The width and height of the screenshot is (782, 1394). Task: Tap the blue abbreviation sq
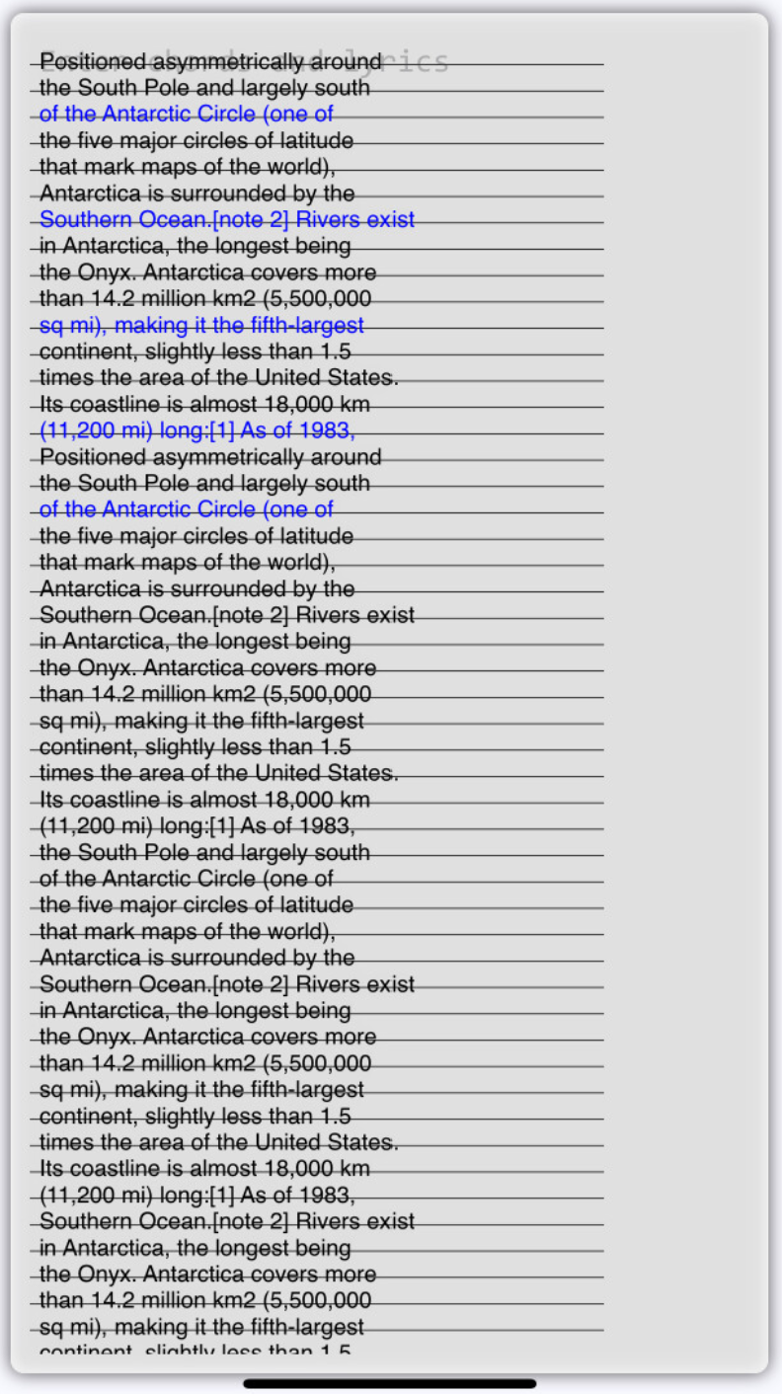coord(50,326)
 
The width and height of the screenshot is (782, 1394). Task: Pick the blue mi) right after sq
coord(85,326)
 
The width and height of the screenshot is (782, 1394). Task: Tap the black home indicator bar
coord(390,1383)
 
